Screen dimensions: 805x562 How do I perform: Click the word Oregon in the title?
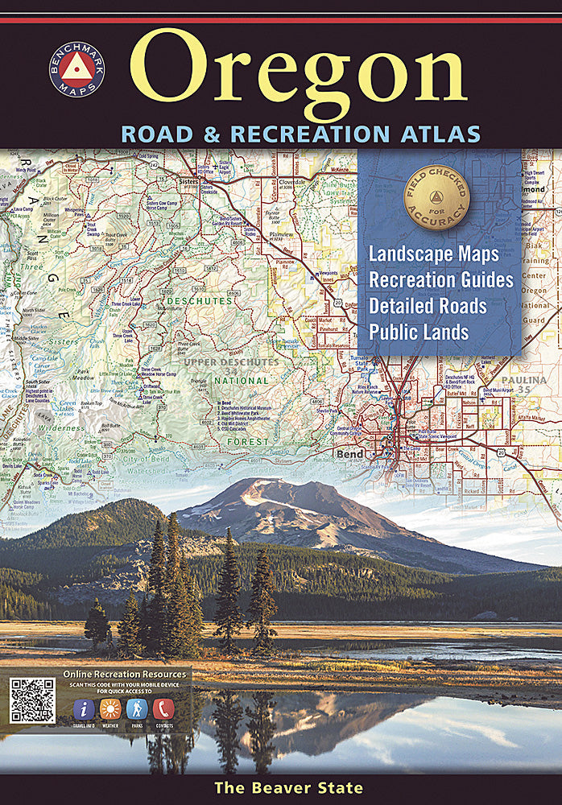[x=298, y=71]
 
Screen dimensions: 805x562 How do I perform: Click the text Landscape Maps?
[x=434, y=254]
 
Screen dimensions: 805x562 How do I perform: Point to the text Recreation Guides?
[x=441, y=279]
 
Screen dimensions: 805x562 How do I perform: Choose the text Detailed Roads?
[x=428, y=306]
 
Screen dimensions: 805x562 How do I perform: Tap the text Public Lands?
[x=419, y=332]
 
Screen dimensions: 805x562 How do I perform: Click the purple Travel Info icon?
[x=84, y=708]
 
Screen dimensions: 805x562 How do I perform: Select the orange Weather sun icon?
[x=110, y=708]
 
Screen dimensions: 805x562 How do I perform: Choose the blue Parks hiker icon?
[x=137, y=708]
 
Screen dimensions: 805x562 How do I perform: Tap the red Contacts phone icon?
[x=163, y=708]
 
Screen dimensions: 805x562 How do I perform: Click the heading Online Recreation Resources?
[x=124, y=674]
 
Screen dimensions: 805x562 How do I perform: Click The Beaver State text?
[x=288, y=788]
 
